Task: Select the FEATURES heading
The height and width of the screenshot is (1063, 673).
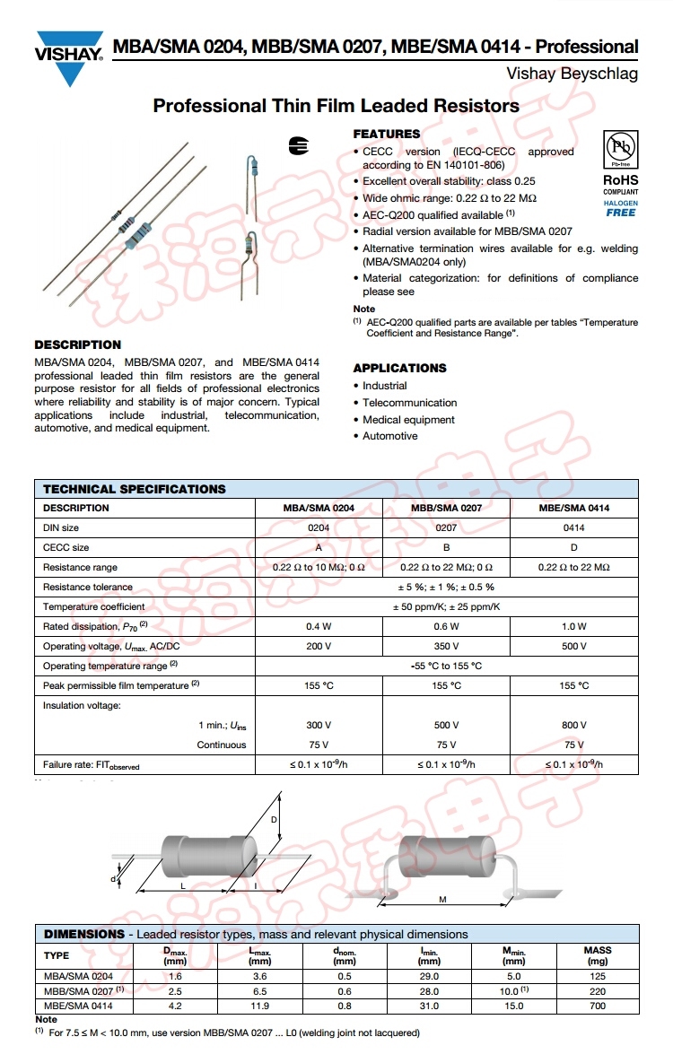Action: pyautogui.click(x=386, y=134)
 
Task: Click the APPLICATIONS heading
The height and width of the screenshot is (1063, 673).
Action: pyautogui.click(x=399, y=368)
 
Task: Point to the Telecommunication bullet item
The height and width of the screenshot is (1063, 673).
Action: pyautogui.click(x=409, y=403)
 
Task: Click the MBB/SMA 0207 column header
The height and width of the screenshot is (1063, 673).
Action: pyautogui.click(x=446, y=508)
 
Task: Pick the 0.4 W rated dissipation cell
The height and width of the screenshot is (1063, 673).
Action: pyautogui.click(x=319, y=626)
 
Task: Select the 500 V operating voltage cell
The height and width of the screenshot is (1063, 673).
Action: pyautogui.click(x=573, y=646)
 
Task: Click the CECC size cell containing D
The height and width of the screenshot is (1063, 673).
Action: pyautogui.click(x=573, y=547)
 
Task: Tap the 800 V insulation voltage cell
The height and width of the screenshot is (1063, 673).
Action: pyautogui.click(x=573, y=725)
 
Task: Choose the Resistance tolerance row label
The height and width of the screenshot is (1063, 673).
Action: pyautogui.click(x=88, y=587)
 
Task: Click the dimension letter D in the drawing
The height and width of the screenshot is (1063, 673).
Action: pyautogui.click(x=274, y=820)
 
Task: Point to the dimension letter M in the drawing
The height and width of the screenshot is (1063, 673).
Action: pyautogui.click(x=442, y=899)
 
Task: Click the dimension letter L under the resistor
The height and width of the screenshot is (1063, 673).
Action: pyautogui.click(x=182, y=885)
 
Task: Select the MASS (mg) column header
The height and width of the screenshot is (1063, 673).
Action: pyautogui.click(x=597, y=955)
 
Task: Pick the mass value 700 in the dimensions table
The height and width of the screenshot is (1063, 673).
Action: pyautogui.click(x=597, y=1006)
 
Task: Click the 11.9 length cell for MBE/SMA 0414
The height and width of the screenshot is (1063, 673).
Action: pyautogui.click(x=259, y=1006)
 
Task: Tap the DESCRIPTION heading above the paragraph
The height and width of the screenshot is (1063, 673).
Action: pyautogui.click(x=77, y=344)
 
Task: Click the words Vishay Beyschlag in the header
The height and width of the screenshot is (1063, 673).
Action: pyautogui.click(x=572, y=74)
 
